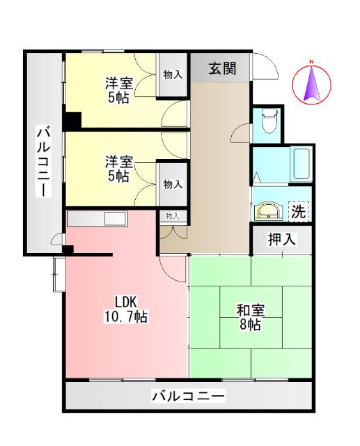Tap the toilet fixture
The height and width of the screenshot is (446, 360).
(267, 123)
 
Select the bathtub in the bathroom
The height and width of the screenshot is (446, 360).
(302, 164)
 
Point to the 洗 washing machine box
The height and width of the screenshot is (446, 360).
(297, 209)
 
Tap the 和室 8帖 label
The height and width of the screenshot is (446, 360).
(250, 318)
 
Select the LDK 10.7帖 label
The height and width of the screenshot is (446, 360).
(126, 309)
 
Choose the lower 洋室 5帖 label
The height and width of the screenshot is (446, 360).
(118, 169)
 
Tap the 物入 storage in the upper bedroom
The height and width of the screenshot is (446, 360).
(173, 74)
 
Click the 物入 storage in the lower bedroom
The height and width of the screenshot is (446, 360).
(173, 184)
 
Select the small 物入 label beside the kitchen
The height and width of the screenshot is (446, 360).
(173, 216)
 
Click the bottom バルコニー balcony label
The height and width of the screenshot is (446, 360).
(188, 397)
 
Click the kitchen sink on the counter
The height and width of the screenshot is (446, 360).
(114, 218)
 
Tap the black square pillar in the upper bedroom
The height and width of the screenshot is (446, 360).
(72, 120)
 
